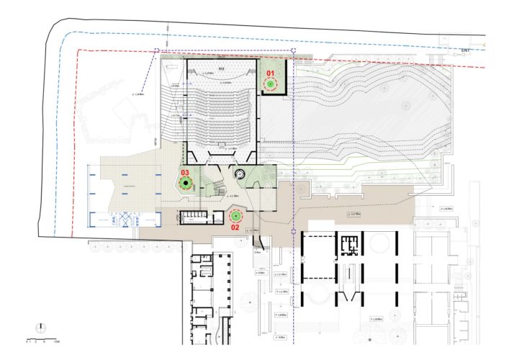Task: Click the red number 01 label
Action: [271, 73]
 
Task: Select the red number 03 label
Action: [185, 173]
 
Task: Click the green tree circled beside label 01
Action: [271, 85]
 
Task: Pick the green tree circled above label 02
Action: [235, 216]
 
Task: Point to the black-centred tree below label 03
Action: [186, 184]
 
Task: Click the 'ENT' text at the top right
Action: [466, 50]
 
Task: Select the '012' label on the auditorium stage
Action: [222, 68]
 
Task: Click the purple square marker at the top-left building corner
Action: [157, 50]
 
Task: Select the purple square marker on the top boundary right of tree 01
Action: [295, 50]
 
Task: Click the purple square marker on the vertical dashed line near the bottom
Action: [295, 231]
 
